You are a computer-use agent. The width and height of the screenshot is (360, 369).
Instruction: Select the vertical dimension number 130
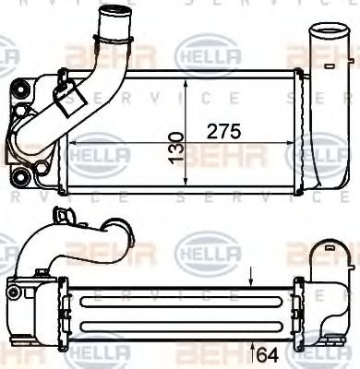coord(176,145)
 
